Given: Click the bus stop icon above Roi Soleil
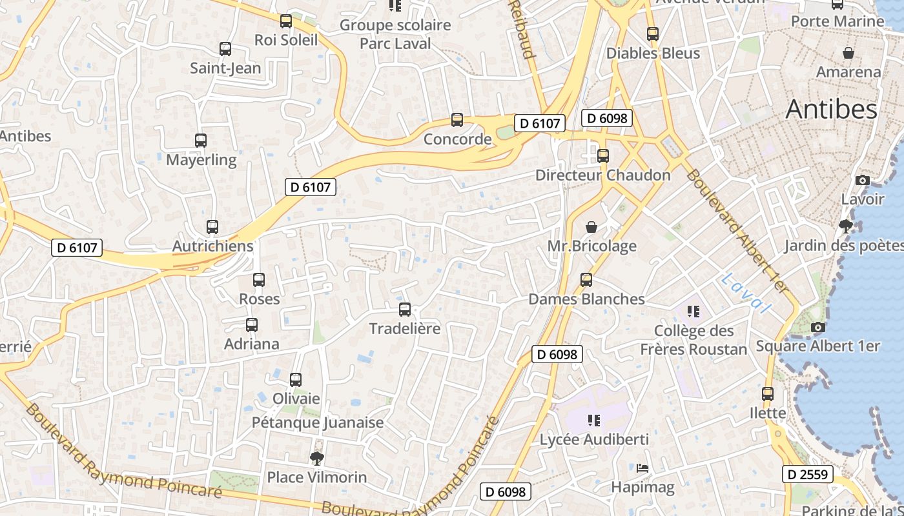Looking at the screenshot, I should [x=286, y=21].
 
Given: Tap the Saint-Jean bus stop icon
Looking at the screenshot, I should [x=225, y=49].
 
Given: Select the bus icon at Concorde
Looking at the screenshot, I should [x=457, y=120].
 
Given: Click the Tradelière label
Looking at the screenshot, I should [x=404, y=328].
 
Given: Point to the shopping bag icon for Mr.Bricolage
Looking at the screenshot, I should [x=591, y=227].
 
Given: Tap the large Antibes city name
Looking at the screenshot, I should [x=831, y=110].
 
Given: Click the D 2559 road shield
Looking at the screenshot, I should [x=808, y=475].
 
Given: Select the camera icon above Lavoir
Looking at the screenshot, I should [x=862, y=180].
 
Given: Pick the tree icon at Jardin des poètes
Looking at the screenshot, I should [x=845, y=226].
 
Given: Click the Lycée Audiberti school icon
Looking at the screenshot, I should [x=594, y=421].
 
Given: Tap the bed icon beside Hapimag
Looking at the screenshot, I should [x=642, y=468].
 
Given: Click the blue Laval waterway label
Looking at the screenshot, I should [x=746, y=293].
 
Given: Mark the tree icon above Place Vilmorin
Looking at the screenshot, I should [x=316, y=459].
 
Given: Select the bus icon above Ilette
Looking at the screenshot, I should [x=768, y=393].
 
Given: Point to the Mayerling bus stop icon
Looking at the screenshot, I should [x=201, y=140].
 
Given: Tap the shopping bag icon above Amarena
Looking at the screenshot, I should [x=848, y=52].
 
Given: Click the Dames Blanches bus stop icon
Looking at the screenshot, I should [x=586, y=280].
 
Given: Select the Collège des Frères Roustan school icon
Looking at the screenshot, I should [x=693, y=312].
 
